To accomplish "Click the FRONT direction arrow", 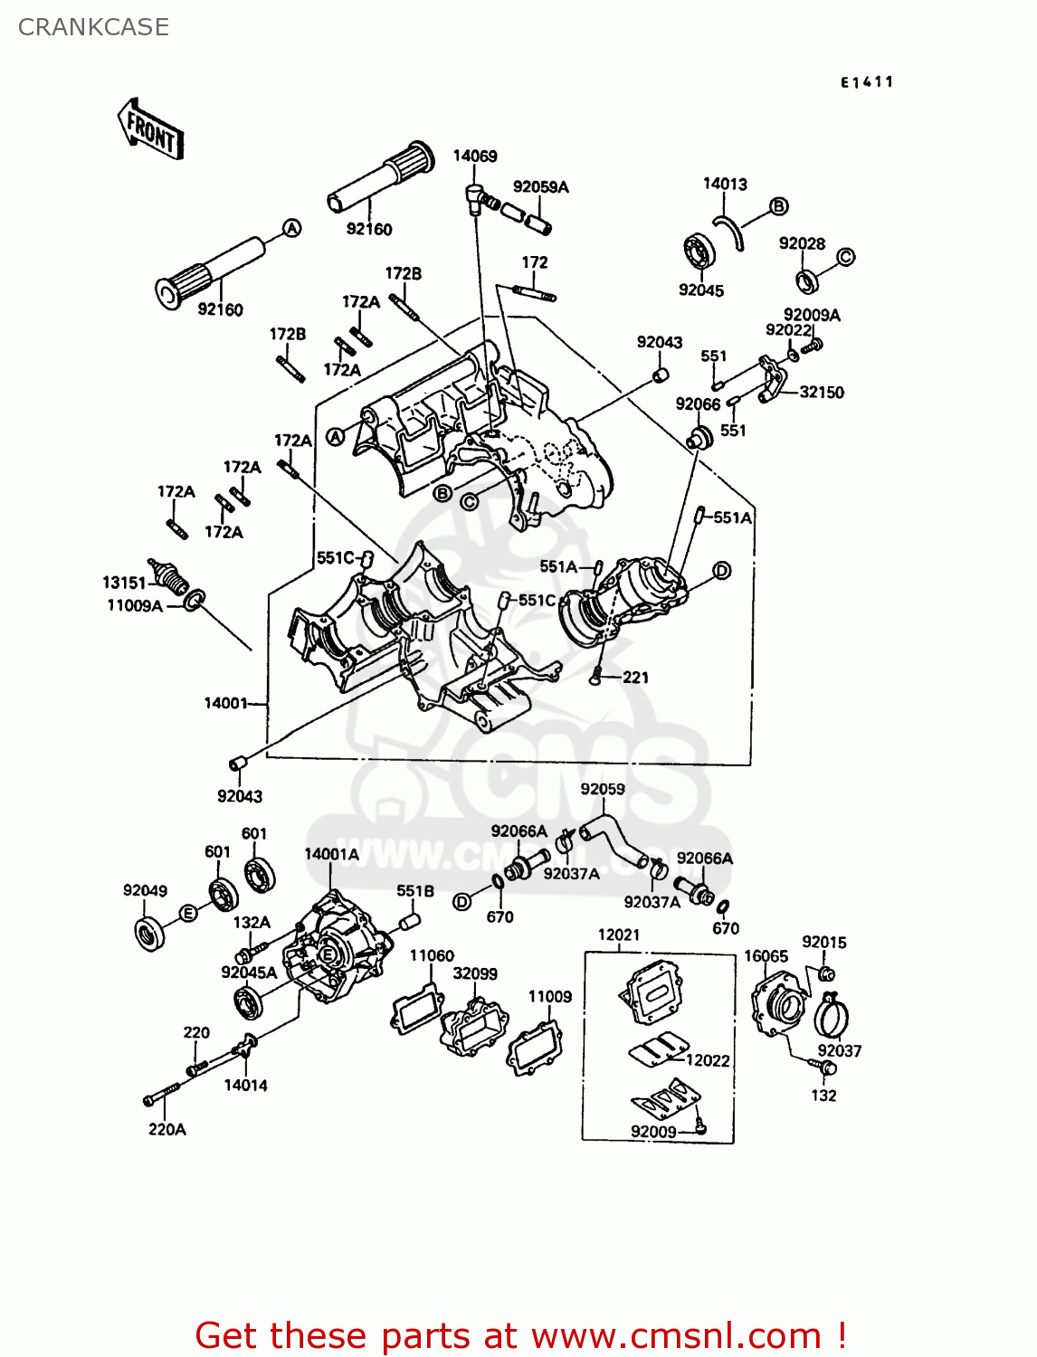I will click(150, 129).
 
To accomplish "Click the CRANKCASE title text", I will click(93, 27).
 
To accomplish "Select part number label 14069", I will click(475, 156).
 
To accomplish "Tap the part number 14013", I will click(725, 184).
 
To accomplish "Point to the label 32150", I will click(822, 392).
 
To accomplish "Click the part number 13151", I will click(124, 583).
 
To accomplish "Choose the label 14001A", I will click(331, 853).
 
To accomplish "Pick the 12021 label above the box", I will click(619, 935).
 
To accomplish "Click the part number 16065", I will click(766, 956).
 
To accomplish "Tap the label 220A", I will click(166, 1129).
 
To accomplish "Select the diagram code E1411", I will click(867, 82).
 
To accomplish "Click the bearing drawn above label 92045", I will click(699, 251).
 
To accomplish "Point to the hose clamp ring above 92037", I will click(832, 1016).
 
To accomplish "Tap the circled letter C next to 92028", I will click(844, 257).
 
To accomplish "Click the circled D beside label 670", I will click(461, 902).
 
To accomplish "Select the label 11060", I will click(432, 955).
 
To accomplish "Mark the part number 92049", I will click(145, 890).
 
